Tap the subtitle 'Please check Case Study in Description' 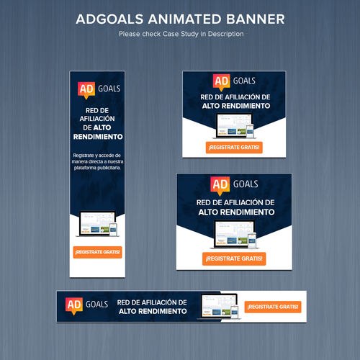(180, 34)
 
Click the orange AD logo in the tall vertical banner (86, 89)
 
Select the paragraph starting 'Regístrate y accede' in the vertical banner (98, 162)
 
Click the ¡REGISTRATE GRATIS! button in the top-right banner (233, 148)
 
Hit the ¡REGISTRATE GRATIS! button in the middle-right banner (233, 258)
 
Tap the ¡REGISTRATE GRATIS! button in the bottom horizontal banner (274, 307)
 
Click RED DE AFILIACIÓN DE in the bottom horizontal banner (152, 302)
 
